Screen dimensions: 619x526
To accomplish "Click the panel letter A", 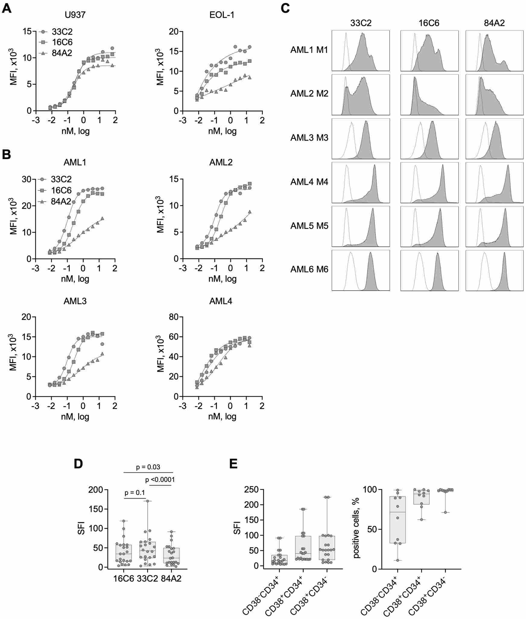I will (x=6, y=8).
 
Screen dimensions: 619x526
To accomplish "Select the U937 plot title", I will (x=75, y=15).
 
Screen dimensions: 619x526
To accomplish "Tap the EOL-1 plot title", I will (x=222, y=15).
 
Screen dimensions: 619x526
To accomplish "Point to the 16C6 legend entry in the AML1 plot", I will (x=61, y=190).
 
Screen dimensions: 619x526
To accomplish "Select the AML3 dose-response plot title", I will (x=75, y=301).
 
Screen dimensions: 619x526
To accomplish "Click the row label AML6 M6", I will (x=309, y=269).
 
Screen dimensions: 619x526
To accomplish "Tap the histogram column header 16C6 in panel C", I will (x=429, y=23).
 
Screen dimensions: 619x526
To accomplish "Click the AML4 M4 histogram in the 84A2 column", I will (x=494, y=183).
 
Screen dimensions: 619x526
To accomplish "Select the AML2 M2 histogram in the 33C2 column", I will (x=360, y=94).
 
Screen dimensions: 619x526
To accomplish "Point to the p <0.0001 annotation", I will (x=160, y=480).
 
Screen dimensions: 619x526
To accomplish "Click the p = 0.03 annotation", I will (x=148, y=467).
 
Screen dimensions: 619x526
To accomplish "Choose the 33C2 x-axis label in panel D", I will (x=147, y=578).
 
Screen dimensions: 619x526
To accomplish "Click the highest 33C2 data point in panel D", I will (x=148, y=501).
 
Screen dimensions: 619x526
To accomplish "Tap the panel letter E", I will (x=233, y=464).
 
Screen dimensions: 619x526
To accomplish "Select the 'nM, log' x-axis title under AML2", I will (x=223, y=279).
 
